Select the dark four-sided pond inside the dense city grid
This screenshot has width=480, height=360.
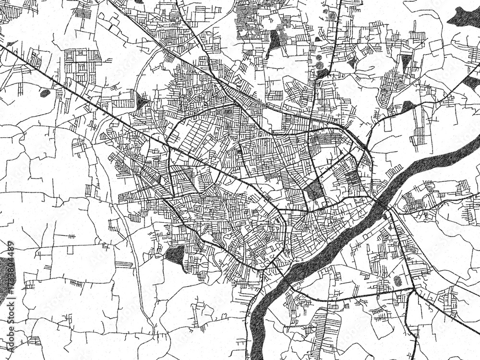315,190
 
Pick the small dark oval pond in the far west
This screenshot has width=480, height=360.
45,93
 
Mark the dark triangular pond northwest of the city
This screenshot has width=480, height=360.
141,102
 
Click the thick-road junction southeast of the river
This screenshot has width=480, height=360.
413,290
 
